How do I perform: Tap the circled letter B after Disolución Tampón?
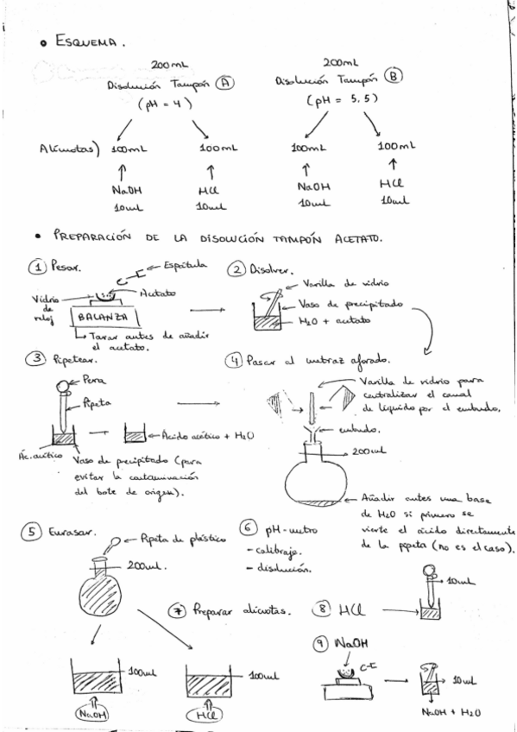(393, 76)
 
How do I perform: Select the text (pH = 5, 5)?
(339, 99)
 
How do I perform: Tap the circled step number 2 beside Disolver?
(236, 270)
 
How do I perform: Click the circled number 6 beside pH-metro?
(248, 528)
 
